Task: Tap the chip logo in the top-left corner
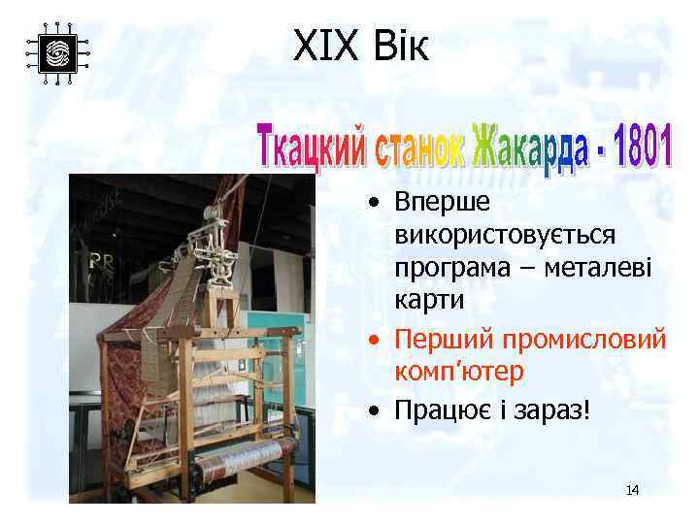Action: [x=57, y=52]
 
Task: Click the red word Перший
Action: [x=443, y=340]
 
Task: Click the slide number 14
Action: [x=632, y=490]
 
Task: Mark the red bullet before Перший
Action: [x=374, y=341]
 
